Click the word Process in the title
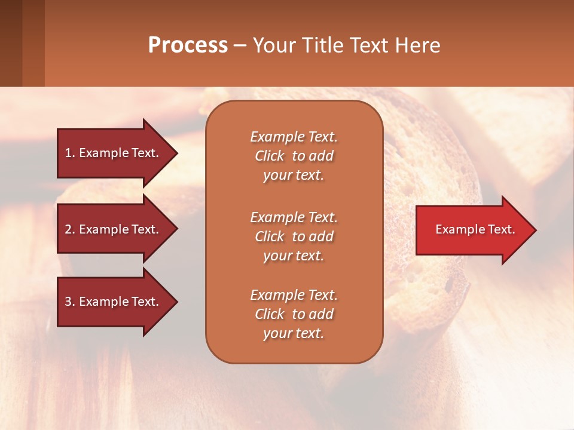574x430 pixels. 188,45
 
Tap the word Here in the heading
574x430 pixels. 417,45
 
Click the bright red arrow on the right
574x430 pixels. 472,230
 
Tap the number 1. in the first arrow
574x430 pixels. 69,153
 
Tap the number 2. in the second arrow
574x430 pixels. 69,229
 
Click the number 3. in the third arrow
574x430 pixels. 69,302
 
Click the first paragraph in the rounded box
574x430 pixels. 294,156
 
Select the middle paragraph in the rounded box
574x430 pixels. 294,236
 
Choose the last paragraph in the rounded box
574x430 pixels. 294,314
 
